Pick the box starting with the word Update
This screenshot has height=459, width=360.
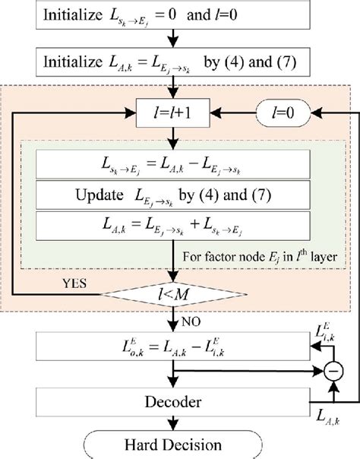(x=175, y=195)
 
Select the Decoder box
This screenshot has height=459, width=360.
(x=175, y=400)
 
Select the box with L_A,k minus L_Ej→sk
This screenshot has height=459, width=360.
(x=175, y=163)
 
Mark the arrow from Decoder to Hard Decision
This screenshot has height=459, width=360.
(x=175, y=423)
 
